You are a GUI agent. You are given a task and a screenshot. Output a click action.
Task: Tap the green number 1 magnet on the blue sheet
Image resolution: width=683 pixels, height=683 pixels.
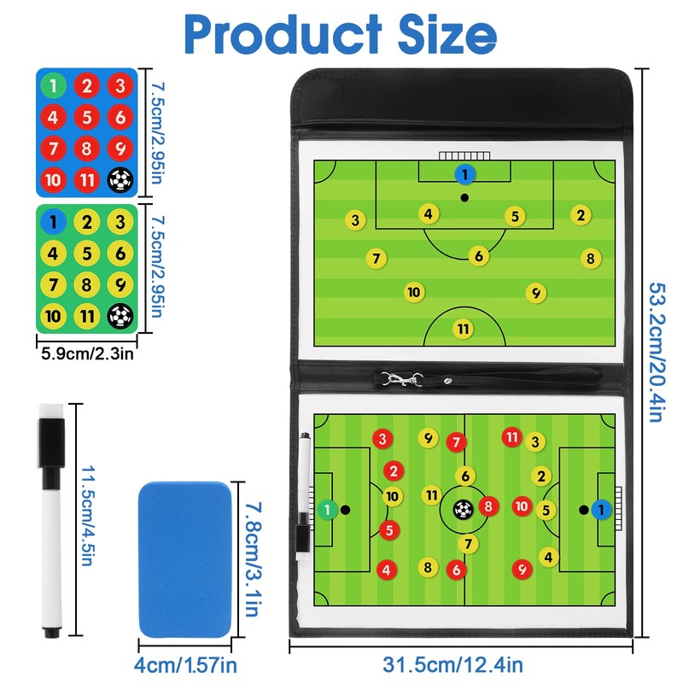coord(55,85)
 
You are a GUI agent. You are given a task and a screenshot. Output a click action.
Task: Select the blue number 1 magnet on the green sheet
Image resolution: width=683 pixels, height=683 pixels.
coord(55,222)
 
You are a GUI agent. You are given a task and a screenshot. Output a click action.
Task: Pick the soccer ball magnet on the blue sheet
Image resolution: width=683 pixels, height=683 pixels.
coord(121,180)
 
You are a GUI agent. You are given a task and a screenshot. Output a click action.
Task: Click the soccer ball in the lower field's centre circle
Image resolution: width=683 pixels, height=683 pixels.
coord(463,510)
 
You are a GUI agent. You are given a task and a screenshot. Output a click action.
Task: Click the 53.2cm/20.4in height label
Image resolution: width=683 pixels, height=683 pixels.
coord(657,352)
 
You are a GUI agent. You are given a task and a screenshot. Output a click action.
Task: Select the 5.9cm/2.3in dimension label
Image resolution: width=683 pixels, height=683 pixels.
coord(86,350)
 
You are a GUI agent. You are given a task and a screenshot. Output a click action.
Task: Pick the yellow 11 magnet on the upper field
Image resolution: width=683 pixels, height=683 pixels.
coord(463,328)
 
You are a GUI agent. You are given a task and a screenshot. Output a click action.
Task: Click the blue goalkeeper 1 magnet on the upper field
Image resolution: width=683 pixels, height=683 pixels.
coord(464,175)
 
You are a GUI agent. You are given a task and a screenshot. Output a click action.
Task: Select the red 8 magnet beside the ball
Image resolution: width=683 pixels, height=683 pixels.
coord(488,507)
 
